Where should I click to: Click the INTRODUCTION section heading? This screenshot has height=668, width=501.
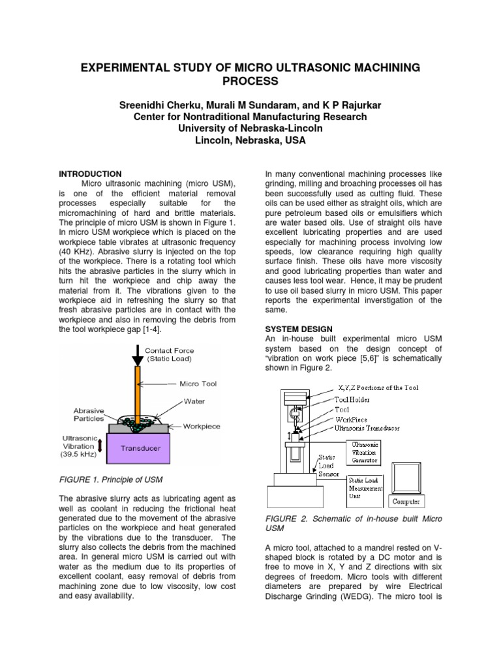pos(90,174)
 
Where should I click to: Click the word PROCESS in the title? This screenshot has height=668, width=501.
pos(250,82)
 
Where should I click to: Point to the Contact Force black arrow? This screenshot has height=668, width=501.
pos(138,356)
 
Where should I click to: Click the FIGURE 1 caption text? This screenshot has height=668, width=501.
pos(110,480)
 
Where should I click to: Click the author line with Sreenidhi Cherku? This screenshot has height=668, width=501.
pos(250,105)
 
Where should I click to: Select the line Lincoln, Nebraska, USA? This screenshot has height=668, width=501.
pos(250,140)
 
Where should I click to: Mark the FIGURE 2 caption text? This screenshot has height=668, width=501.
pos(354,523)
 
